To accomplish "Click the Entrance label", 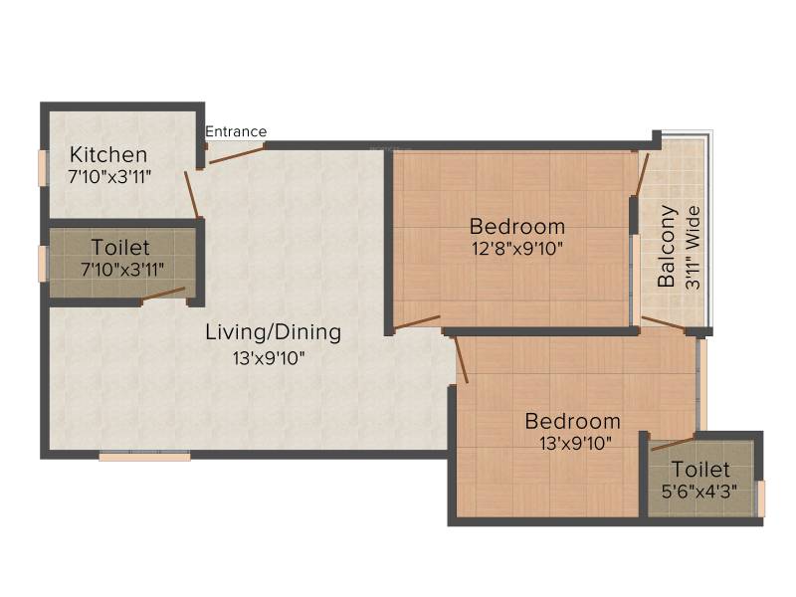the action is (x=236, y=132).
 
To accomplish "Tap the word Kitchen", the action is (x=108, y=154).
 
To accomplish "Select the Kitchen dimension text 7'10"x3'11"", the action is (x=109, y=177).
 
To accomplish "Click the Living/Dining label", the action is (x=273, y=332).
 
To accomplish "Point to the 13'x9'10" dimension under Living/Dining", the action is (x=269, y=358).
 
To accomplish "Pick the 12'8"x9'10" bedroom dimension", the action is (x=517, y=249).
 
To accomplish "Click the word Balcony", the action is (x=667, y=246).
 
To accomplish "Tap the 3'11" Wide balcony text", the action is (x=693, y=248).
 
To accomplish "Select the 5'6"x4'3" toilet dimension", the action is (x=699, y=492).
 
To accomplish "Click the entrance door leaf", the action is (x=237, y=154).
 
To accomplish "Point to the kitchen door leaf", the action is (x=191, y=194).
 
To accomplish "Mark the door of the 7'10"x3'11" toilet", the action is (x=163, y=294).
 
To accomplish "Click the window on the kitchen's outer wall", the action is (x=43, y=167).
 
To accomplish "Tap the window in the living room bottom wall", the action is (x=144, y=456).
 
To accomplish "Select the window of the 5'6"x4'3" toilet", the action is (x=761, y=499).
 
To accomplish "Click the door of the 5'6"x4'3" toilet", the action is (x=674, y=443).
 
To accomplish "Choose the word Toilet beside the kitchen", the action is (x=120, y=248).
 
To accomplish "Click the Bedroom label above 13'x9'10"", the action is (x=573, y=421).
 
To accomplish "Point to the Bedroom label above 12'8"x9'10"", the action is (x=517, y=227).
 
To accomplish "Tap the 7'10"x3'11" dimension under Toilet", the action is (x=122, y=270).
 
